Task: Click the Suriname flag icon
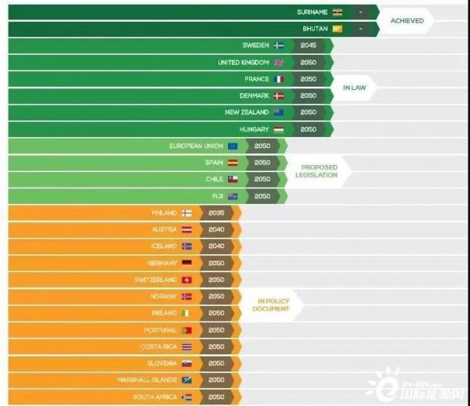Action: point(337,12)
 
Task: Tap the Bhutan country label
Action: point(315,29)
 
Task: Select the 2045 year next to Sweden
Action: point(309,45)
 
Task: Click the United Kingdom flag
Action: point(278,63)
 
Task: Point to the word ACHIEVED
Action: point(407,20)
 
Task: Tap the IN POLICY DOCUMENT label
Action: point(270,304)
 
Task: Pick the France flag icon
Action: point(278,79)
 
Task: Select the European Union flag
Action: point(232,146)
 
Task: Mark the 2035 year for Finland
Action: point(215,213)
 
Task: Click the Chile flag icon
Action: point(232,179)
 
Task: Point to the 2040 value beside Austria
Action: point(215,229)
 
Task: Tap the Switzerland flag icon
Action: point(186,279)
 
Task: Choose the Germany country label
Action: point(162,263)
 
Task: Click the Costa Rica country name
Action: point(158,347)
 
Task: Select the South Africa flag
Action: point(186,397)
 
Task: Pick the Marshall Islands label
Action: point(150,380)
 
